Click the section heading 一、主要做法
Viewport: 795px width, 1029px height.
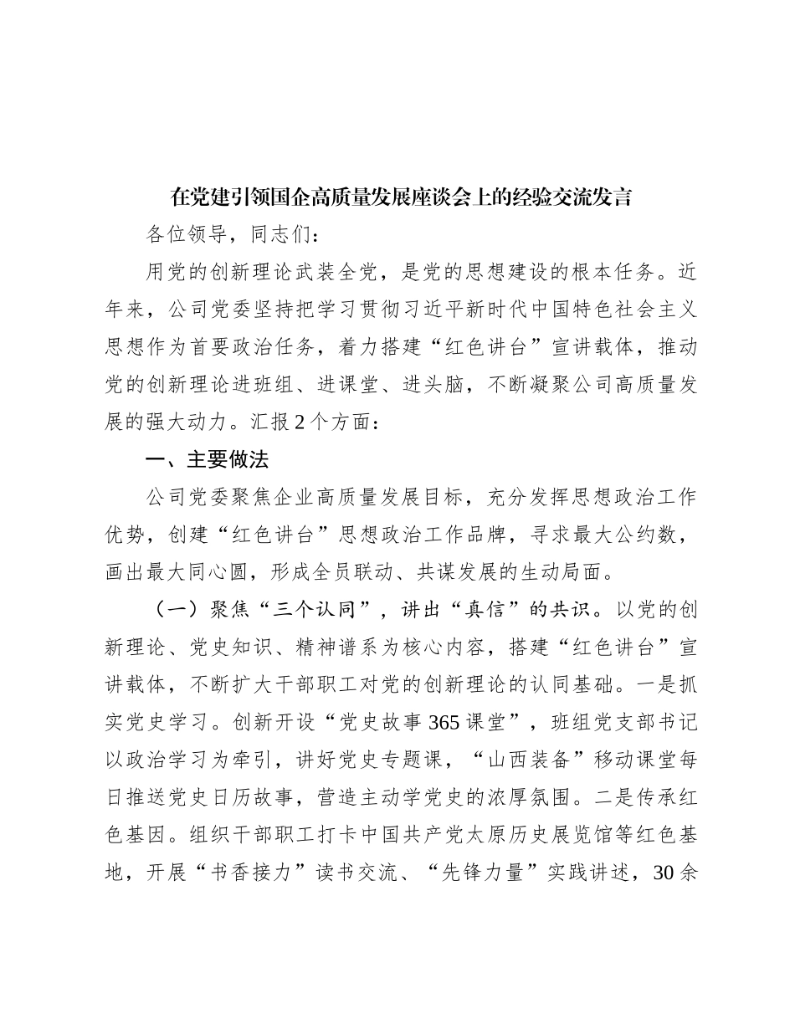click(x=207, y=459)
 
